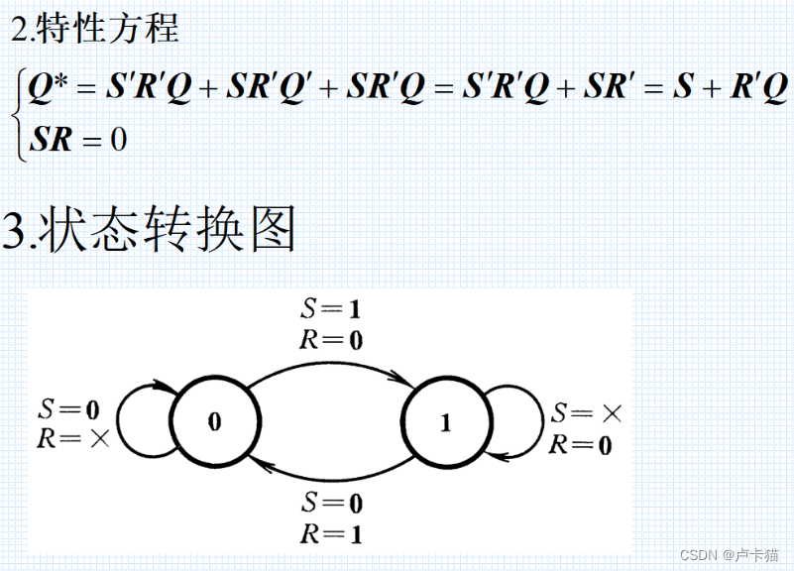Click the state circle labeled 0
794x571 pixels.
click(x=215, y=421)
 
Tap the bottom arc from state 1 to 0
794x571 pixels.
click(x=330, y=479)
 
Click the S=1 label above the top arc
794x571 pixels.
click(x=330, y=308)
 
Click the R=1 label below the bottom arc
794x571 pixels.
click(x=330, y=534)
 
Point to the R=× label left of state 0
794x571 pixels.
click(x=72, y=437)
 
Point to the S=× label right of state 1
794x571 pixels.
click(x=587, y=412)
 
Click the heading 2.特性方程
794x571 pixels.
click(x=95, y=30)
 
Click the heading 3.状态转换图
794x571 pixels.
click(x=150, y=230)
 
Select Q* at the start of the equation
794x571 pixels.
click(x=48, y=89)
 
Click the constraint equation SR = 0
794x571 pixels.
click(x=78, y=139)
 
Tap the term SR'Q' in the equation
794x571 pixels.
click(x=270, y=89)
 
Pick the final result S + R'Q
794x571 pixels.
click(x=730, y=89)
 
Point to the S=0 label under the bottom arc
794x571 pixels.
click(x=330, y=503)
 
